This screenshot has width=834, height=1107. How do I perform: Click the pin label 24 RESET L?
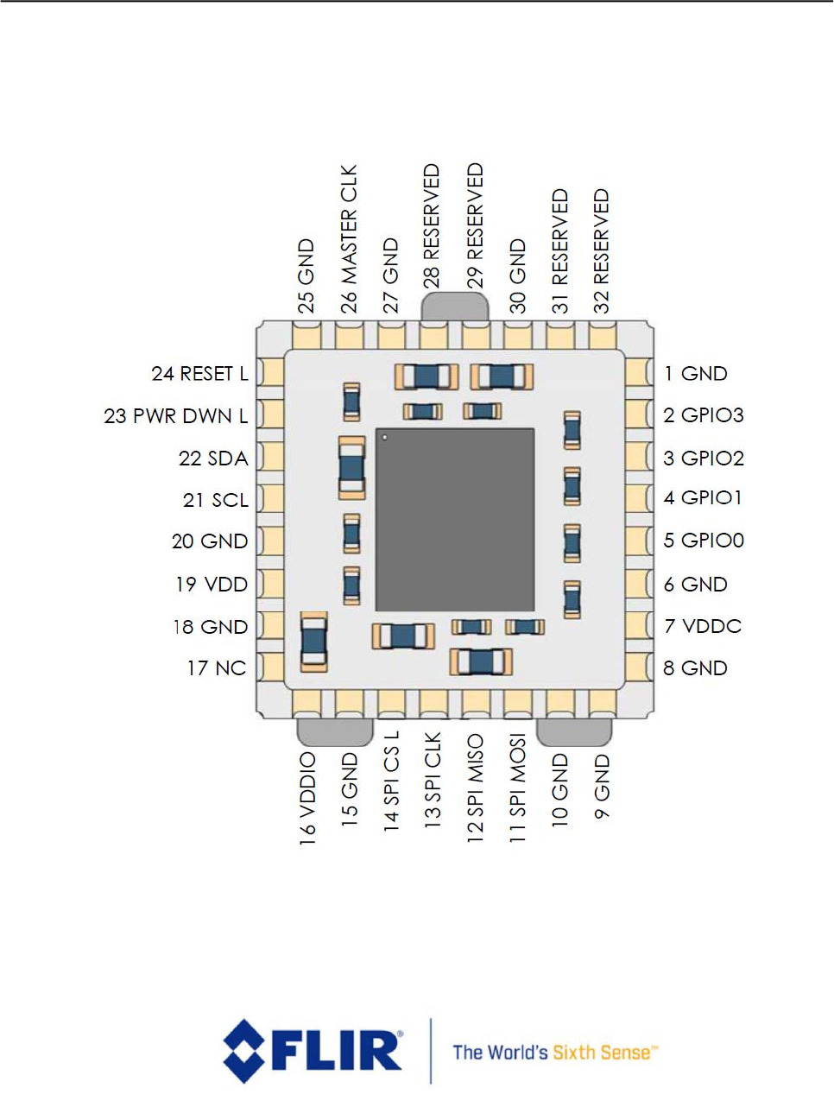[x=199, y=374]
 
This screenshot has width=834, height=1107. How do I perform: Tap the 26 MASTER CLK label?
[x=348, y=239]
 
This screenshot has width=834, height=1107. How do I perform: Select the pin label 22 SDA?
[x=213, y=459]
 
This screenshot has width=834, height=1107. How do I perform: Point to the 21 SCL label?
[x=216, y=500]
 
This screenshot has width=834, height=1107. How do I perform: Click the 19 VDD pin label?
[x=212, y=585]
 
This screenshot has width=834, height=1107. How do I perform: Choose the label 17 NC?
[x=217, y=668]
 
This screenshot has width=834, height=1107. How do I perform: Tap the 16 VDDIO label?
[x=307, y=797]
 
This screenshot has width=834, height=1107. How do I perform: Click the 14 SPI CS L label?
[x=392, y=781]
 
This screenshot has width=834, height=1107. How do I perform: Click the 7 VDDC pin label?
[x=703, y=626]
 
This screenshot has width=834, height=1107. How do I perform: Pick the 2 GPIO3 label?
[x=704, y=415]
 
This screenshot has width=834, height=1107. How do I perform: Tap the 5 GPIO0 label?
[x=704, y=541]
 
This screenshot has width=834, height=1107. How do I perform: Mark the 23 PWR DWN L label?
[x=176, y=416]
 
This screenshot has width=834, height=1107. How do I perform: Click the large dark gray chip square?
[x=455, y=520]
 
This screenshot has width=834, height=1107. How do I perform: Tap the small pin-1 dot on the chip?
[x=385, y=438]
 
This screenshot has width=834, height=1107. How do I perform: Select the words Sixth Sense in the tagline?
[x=601, y=1053]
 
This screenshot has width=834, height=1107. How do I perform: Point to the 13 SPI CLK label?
[x=433, y=781]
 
